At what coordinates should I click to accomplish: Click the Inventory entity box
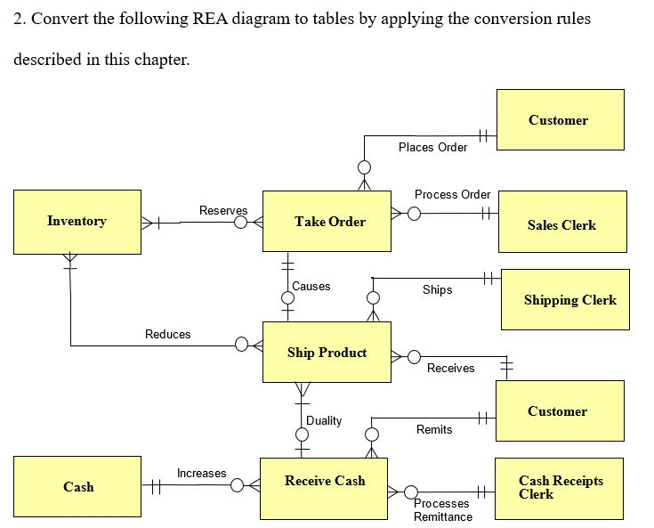[x=77, y=222]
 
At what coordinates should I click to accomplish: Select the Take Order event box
[x=327, y=221]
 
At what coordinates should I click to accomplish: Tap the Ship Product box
[x=327, y=353]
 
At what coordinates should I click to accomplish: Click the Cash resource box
[x=77, y=487]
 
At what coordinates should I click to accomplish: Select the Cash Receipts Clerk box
[x=559, y=488]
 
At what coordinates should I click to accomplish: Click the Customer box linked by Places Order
[x=560, y=120]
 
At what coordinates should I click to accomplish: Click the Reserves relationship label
[x=223, y=210]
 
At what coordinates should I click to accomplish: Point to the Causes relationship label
[x=311, y=287]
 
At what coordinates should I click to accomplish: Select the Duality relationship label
[x=324, y=420]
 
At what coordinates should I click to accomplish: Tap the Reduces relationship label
[x=168, y=334]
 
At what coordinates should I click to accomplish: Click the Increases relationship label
[x=201, y=473]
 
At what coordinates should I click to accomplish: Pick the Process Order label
[x=452, y=194]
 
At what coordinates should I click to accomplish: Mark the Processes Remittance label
[x=443, y=510]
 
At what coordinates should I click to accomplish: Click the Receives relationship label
[x=450, y=368]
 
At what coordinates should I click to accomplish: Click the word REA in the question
[x=210, y=19]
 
